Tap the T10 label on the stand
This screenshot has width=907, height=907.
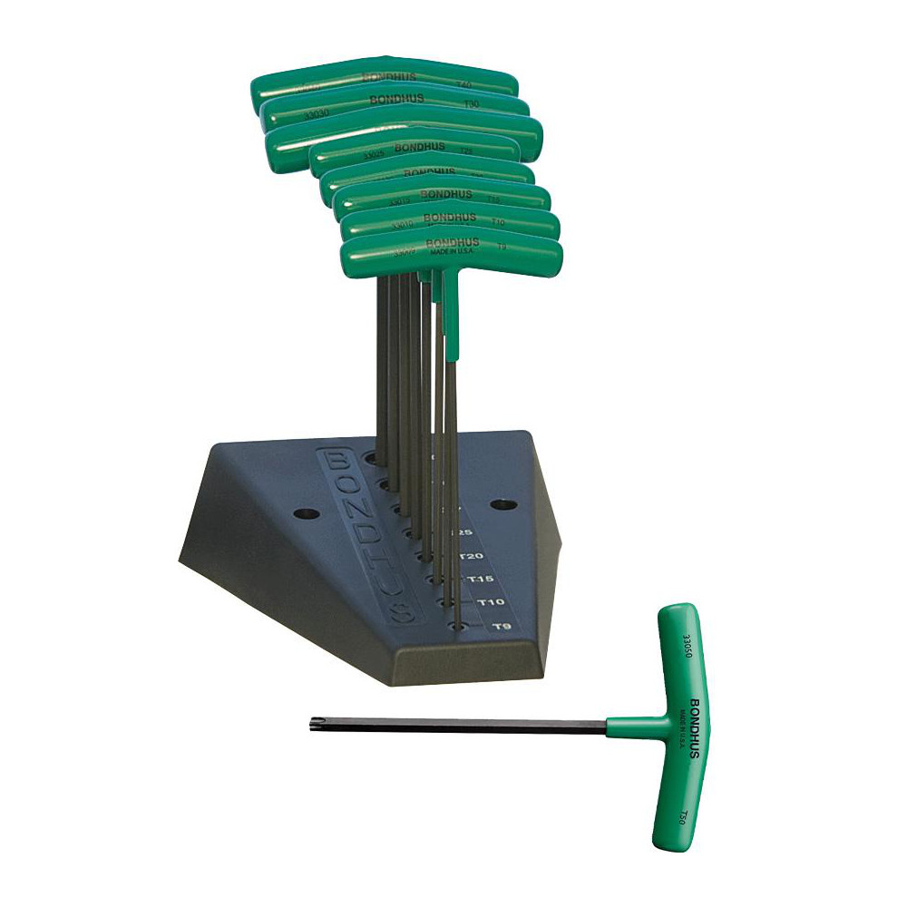coord(491,602)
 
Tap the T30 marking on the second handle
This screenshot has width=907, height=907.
coord(471,105)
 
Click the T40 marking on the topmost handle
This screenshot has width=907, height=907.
coord(464,83)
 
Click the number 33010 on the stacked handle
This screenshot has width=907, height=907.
coord(403,224)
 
